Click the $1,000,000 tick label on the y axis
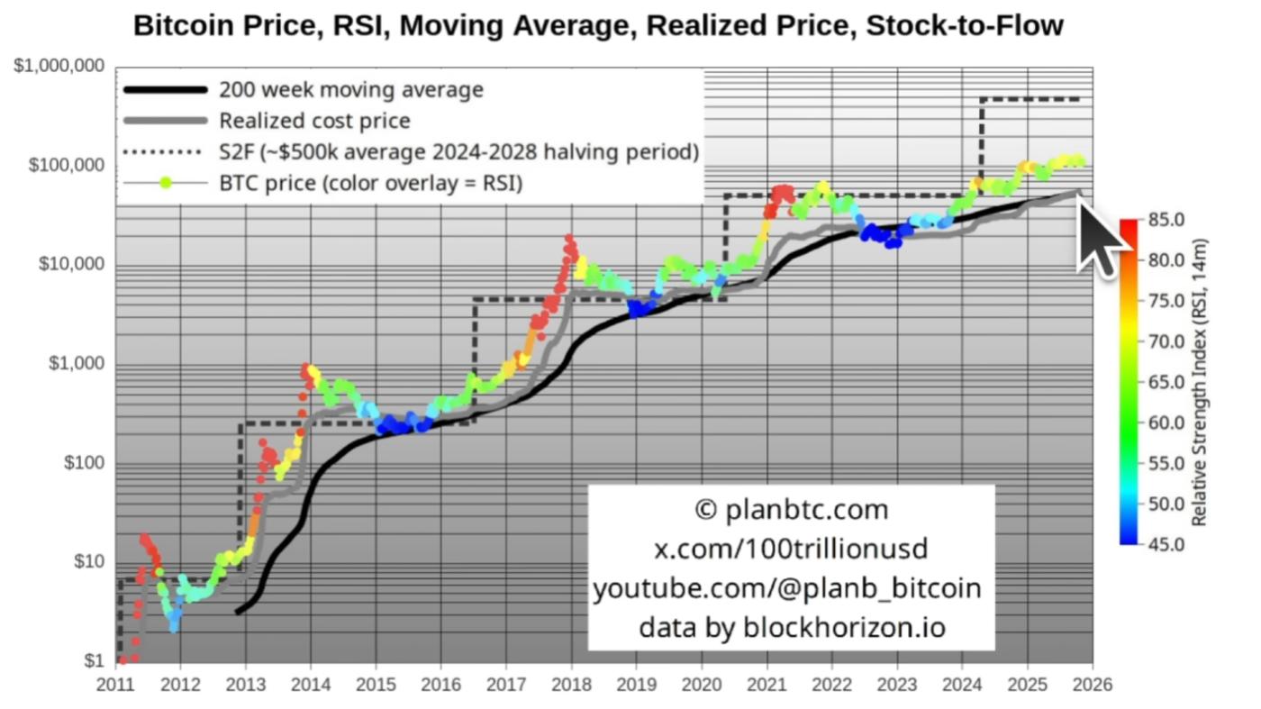59,67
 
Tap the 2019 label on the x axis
635,684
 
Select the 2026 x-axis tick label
1093,684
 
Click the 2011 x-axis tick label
117,684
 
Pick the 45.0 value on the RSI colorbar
1166,545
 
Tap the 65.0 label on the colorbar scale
1166,383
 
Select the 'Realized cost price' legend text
314,121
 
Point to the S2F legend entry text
458,152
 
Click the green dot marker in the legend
166,183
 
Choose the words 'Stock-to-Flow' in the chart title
964,25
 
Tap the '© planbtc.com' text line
792,510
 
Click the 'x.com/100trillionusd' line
791,549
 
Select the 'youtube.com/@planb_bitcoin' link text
787,588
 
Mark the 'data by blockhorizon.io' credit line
792,627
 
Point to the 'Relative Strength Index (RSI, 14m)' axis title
1199,383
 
